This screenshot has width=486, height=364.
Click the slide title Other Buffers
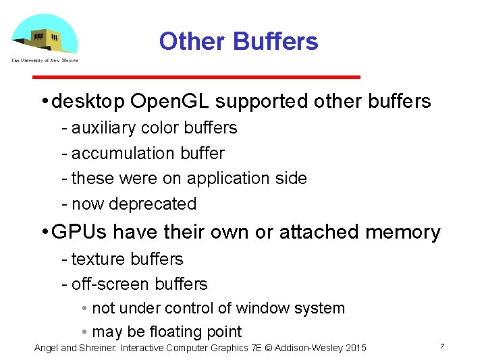tap(238, 41)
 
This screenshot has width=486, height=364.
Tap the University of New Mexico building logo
tap(45, 36)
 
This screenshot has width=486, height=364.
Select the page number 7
tap(441, 346)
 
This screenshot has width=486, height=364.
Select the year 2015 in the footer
tap(355, 348)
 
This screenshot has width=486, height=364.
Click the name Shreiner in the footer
tap(101, 348)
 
